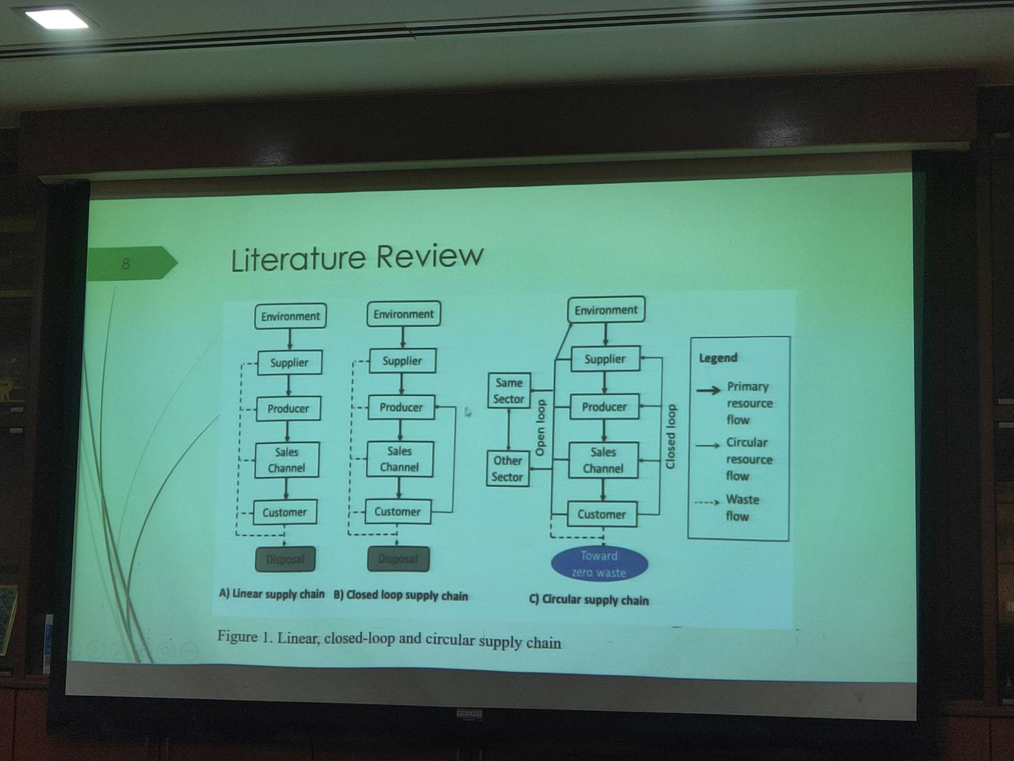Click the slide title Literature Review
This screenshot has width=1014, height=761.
pyautogui.click(x=357, y=258)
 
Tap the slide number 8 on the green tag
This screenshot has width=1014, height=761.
pyautogui.click(x=126, y=264)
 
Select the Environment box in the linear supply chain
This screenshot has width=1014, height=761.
pyautogui.click(x=290, y=316)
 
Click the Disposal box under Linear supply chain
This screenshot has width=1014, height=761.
pyautogui.click(x=285, y=559)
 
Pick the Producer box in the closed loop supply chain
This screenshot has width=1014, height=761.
pyautogui.click(x=401, y=407)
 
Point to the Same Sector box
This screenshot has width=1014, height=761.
pyautogui.click(x=509, y=391)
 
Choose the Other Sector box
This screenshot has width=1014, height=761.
pyautogui.click(x=507, y=468)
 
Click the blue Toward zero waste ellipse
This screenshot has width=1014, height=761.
pyautogui.click(x=599, y=564)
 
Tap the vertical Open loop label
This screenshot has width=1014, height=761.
pyautogui.click(x=541, y=428)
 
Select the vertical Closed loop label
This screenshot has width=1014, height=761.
pyautogui.click(x=671, y=437)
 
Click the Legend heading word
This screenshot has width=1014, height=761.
pyautogui.click(x=718, y=358)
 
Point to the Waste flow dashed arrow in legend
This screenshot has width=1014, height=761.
pyautogui.click(x=706, y=502)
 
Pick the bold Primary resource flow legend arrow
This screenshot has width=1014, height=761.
pyautogui.click(x=708, y=390)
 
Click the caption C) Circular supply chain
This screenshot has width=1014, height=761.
pyautogui.click(x=588, y=600)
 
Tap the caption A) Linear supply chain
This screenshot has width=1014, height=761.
pyautogui.click(x=272, y=594)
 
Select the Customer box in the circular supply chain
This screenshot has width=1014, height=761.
pyautogui.click(x=601, y=514)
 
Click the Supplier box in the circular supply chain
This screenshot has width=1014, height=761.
pyautogui.click(x=605, y=359)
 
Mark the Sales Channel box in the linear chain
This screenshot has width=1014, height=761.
pyautogui.click(x=286, y=460)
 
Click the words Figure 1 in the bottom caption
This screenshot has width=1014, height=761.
pyautogui.click(x=244, y=637)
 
